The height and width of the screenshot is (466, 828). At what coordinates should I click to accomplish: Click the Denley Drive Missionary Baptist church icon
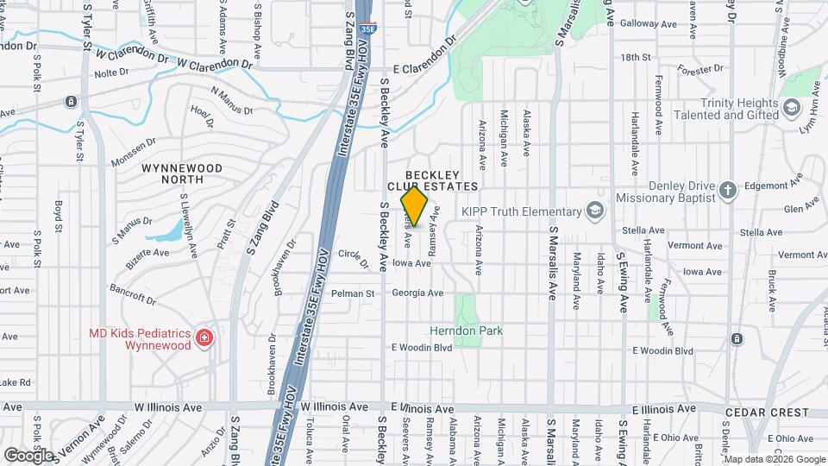pyautogui.click(x=727, y=190)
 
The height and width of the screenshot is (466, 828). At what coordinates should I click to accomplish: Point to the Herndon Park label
pyautogui.click(x=466, y=331)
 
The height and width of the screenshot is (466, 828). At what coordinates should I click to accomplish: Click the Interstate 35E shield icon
pyautogui.click(x=367, y=28)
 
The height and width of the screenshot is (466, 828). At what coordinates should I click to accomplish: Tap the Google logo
pyautogui.click(x=28, y=455)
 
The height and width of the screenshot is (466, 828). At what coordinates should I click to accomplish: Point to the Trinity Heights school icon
pyautogui.click(x=792, y=109)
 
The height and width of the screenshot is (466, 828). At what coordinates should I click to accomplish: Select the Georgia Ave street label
pyautogui.click(x=417, y=293)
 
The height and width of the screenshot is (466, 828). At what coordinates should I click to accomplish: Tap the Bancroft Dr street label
pyautogui.click(x=133, y=293)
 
